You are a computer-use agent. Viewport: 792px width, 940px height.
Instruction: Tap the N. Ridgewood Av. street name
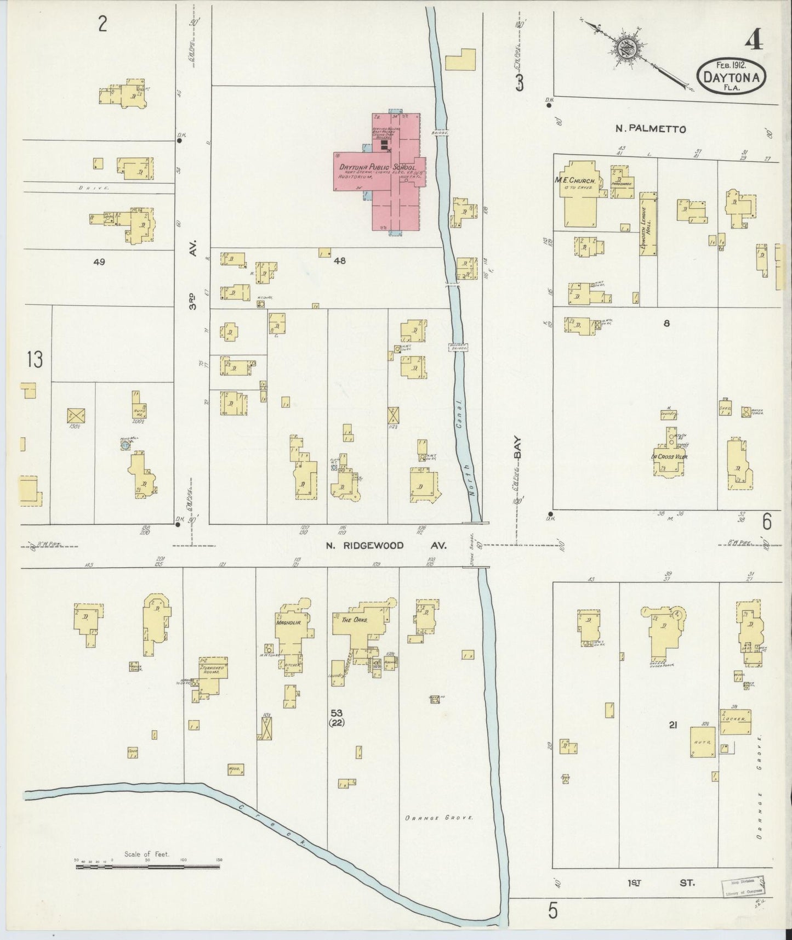coord(386,545)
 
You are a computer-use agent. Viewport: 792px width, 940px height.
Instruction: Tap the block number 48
coord(340,261)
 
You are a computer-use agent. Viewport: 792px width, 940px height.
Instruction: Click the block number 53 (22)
coord(337,717)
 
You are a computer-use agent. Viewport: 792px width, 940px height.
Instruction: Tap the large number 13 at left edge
coord(34,360)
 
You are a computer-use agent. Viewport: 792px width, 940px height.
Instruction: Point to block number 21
coord(673,725)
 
